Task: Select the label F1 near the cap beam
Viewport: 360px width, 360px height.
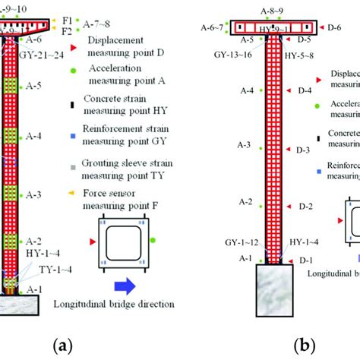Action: coord(68,18)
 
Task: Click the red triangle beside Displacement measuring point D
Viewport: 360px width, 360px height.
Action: coord(73,48)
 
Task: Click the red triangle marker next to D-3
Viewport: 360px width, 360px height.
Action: coord(286,149)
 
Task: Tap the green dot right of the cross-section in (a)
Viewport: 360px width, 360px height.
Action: coord(153,240)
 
